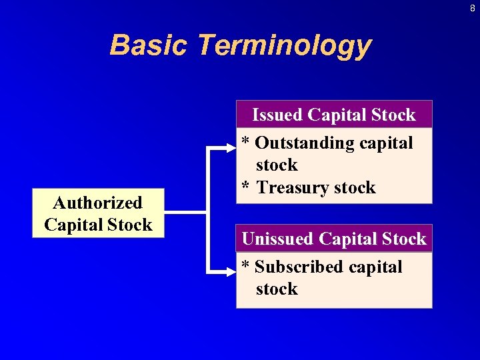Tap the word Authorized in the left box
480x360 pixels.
[x=98, y=203]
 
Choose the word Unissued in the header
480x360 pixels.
[x=279, y=239]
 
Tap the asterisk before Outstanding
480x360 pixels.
[x=246, y=142]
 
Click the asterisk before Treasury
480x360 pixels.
[x=246, y=187]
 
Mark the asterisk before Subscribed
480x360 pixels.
[x=246, y=266]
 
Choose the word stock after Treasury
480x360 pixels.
[x=353, y=188]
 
